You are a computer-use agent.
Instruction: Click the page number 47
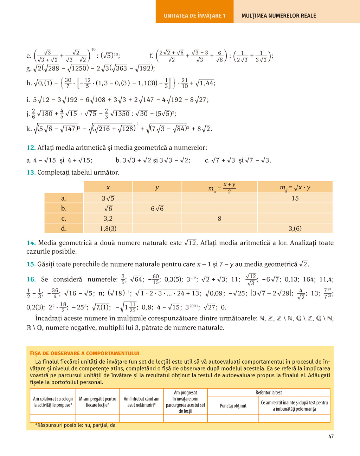point(331,436)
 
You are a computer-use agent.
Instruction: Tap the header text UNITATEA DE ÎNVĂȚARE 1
point(194,16)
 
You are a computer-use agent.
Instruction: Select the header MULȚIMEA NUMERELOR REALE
point(278,16)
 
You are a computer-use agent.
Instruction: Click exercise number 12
point(31,148)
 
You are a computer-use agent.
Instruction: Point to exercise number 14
point(31,243)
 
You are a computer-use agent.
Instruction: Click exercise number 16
point(31,280)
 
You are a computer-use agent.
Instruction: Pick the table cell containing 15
point(295,198)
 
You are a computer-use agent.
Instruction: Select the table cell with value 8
point(219,219)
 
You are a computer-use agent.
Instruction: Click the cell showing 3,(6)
point(295,229)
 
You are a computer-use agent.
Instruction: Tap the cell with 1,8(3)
point(108,229)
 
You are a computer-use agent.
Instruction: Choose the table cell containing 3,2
point(108,219)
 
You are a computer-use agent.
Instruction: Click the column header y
point(157,188)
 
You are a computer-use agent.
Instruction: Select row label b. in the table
point(64,209)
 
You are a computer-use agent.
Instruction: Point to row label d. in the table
point(64,229)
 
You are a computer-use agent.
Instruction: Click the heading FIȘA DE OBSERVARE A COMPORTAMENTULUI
point(85,353)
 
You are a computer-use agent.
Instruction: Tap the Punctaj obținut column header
point(233,406)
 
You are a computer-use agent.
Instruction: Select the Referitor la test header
point(269,392)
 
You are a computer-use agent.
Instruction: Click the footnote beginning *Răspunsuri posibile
point(75,425)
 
